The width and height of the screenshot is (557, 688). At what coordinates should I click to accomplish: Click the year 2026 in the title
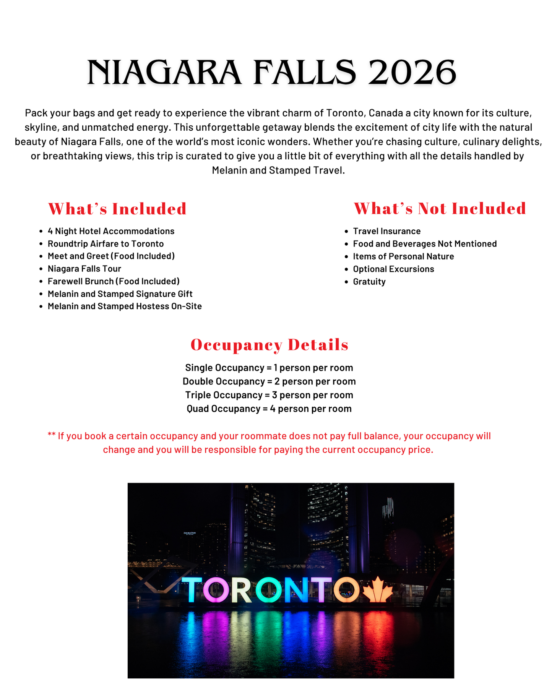coord(412,73)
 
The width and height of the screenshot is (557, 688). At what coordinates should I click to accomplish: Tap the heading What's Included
coord(117,209)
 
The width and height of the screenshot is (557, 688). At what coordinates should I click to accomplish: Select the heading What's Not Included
coord(440,209)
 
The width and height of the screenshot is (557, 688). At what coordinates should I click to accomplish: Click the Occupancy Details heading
coord(270,345)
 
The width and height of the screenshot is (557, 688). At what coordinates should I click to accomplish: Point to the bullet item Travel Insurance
coord(386,231)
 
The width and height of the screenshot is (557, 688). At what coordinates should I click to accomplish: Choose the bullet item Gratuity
coord(369,282)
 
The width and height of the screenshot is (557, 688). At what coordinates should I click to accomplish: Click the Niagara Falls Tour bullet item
coord(84,269)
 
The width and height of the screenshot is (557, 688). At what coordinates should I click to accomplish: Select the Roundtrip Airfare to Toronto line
coord(106,244)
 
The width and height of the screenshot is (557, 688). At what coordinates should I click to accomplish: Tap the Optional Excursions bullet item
coord(393,269)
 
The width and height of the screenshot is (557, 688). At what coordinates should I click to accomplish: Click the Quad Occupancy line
coord(269,409)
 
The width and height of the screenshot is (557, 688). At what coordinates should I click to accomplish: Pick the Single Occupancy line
coord(269,368)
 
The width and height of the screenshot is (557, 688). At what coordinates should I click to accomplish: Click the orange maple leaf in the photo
coord(377,589)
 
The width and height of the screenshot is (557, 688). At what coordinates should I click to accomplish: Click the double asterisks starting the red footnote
coord(52,435)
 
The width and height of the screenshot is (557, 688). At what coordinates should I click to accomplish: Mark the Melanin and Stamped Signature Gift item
coord(120,294)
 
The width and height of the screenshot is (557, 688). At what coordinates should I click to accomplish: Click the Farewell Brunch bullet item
coord(114,281)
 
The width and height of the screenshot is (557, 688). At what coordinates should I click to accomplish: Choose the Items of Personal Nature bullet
coord(403,256)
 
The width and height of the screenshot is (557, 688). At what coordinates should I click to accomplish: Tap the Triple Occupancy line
coord(269,395)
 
